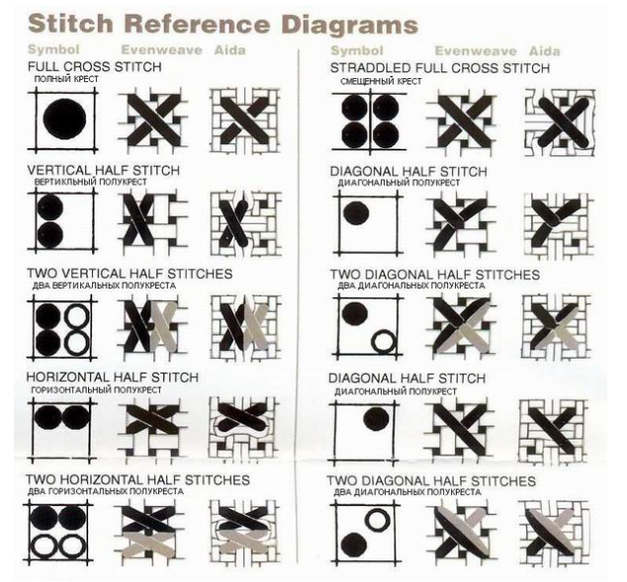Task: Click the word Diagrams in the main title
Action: pyautogui.click(x=350, y=25)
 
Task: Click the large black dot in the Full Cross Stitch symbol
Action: pyautogui.click(x=65, y=119)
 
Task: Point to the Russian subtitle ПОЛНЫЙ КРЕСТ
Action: pyautogui.click(x=66, y=79)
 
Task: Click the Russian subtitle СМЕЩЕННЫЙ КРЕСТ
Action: pyautogui.click(x=381, y=81)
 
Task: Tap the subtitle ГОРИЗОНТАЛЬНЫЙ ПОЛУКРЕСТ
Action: pyautogui.click(x=96, y=390)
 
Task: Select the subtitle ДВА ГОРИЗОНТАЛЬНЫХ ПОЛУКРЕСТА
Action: pyautogui.click(x=106, y=491)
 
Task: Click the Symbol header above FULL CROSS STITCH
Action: pyautogui.click(x=53, y=49)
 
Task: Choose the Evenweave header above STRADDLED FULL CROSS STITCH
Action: pyautogui.click(x=476, y=51)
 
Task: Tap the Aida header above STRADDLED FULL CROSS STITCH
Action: pyautogui.click(x=545, y=51)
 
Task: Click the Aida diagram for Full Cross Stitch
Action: pyautogui.click(x=244, y=121)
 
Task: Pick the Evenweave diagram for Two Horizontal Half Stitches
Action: pyautogui.click(x=149, y=532)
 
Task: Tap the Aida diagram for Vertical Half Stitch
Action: pyautogui.click(x=245, y=223)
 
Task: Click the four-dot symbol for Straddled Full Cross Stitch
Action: pyautogui.click(x=370, y=122)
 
